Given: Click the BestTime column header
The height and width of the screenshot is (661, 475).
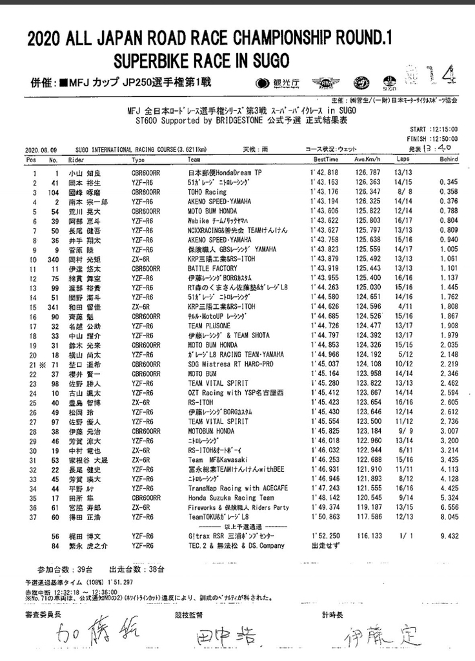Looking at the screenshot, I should (326, 159).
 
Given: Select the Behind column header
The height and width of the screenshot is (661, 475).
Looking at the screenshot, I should (448, 159).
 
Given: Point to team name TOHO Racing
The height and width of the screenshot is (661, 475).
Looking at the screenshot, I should (208, 192).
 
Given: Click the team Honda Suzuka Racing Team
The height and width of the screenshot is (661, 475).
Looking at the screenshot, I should (224, 498).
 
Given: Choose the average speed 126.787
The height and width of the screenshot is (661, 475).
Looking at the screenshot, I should (367, 173).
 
